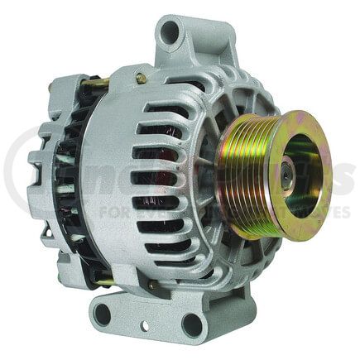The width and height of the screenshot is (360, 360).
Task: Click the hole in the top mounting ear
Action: (170, 33)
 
